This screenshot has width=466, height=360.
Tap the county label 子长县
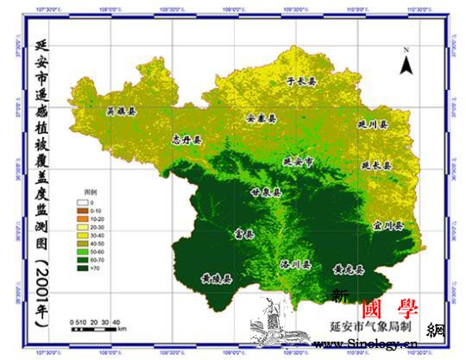pos(301,80)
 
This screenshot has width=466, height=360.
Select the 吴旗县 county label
pos(120,111)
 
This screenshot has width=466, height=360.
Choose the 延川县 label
pos(373,124)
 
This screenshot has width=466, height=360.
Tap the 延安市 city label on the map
pos(299,161)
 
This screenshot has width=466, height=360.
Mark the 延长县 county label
pos(376,164)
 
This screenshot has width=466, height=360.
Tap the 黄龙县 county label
pos(349,270)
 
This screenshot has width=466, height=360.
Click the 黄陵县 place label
pos(216,278)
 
